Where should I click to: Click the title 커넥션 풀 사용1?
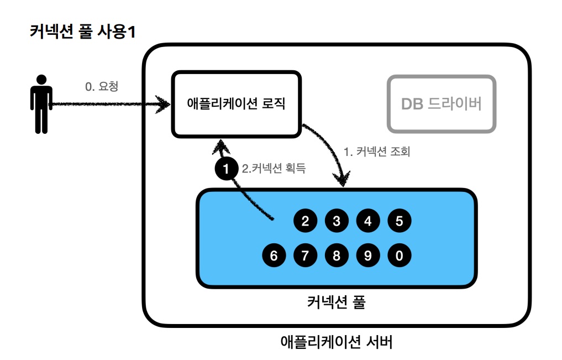pos(83,32)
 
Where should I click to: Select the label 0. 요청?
pos(102,87)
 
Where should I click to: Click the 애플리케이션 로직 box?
pos(236,103)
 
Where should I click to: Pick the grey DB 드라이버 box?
pos(441,104)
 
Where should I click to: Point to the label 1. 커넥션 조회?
pos(376,152)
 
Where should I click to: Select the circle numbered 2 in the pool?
pos(305,221)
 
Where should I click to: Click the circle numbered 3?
pos(336,221)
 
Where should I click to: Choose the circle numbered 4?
pos(367,221)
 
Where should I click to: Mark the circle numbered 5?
pos(399,221)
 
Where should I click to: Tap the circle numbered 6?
pos(274,255)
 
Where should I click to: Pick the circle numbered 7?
pos(305,255)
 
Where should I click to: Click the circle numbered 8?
pos(336,255)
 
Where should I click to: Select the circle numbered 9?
pos(367,255)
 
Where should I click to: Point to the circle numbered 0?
pos(399,255)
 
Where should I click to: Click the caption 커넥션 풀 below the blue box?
pos(335,302)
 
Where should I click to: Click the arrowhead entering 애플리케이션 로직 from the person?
pos(164,103)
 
